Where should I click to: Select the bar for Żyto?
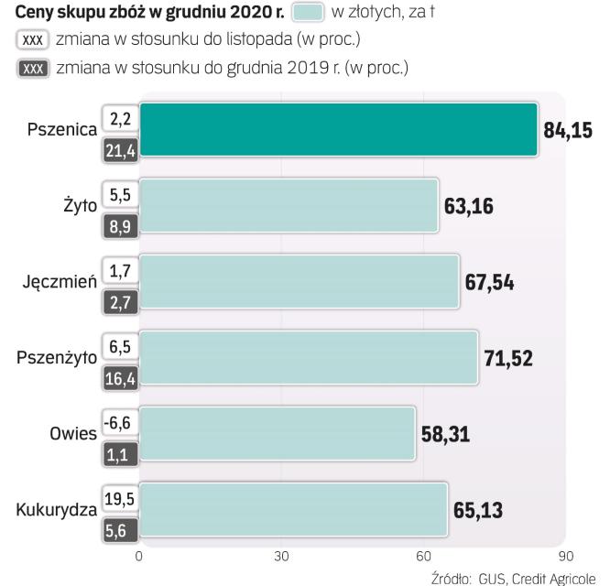(x=289, y=206)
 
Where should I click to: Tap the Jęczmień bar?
(x=299, y=281)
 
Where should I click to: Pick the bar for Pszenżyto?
(x=308, y=356)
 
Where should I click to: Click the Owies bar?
(x=277, y=433)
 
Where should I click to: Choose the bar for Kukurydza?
(x=293, y=509)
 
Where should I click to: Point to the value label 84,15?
(x=567, y=130)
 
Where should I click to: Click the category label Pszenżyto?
(x=57, y=358)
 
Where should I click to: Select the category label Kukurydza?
(x=56, y=510)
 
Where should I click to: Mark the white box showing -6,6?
(x=119, y=422)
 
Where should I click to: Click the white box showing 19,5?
(x=119, y=498)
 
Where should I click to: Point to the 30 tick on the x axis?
(x=281, y=556)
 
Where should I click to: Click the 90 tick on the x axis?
(x=566, y=556)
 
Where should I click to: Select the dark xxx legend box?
(x=33, y=68)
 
